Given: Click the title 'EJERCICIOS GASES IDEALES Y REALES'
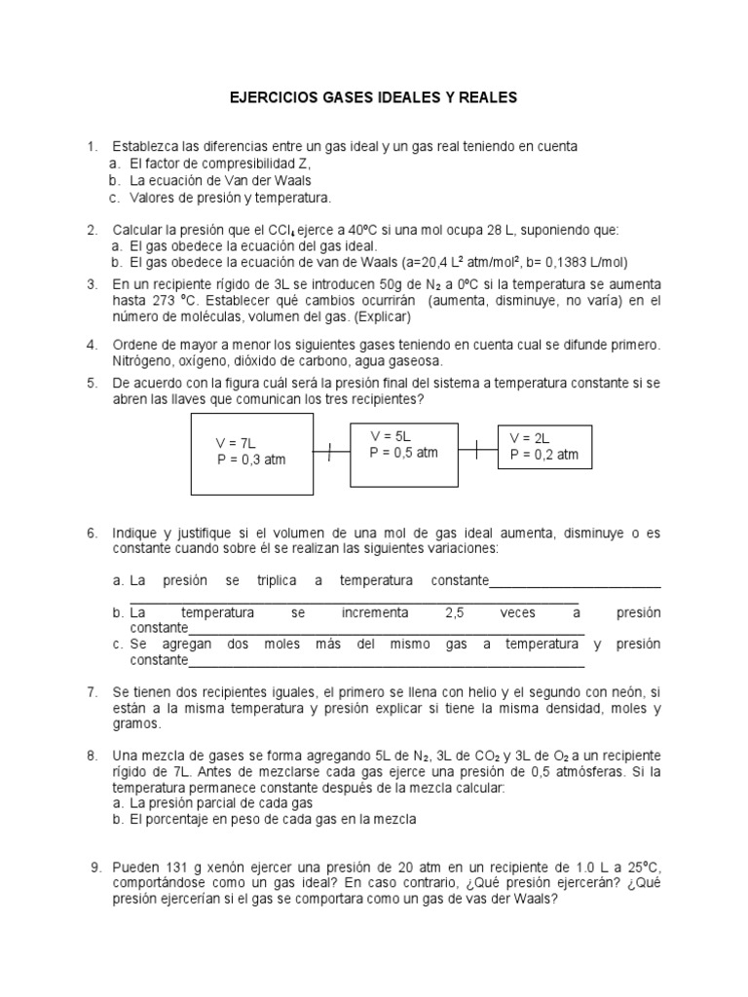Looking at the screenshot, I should point(374,98).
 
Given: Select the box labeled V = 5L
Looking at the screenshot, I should point(404,454).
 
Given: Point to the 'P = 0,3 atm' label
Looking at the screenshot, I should point(251,460).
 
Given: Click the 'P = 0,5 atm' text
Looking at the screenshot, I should point(404,453).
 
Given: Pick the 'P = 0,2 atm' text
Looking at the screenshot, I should point(544,455).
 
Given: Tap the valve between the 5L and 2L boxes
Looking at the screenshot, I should point(476,449).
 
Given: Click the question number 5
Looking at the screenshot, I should point(92,383).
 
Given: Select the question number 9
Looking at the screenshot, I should point(95,868).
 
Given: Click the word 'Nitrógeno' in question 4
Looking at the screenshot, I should point(142,360).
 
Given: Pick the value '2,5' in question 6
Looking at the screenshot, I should point(455,612).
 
